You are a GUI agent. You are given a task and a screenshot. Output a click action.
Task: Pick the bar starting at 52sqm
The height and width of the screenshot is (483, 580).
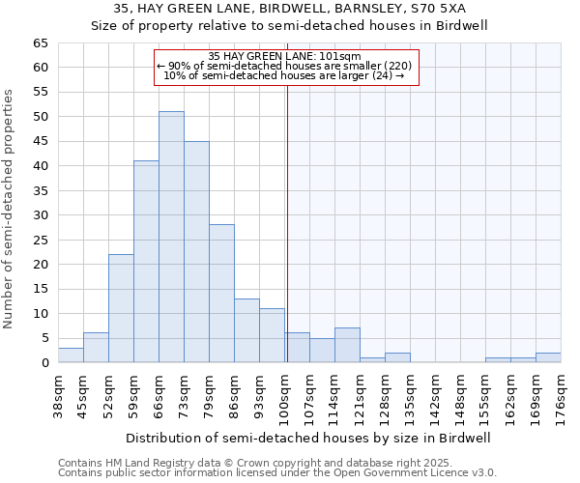point(121,308)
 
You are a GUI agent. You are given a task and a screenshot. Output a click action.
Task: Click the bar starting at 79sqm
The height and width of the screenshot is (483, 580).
point(221,294)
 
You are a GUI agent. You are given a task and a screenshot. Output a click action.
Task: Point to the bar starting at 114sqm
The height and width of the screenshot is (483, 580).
point(347,346)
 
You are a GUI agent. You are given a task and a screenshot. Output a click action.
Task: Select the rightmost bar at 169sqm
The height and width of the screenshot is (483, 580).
point(548,357)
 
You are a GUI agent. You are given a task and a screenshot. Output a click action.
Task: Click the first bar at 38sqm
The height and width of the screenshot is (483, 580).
point(71,355)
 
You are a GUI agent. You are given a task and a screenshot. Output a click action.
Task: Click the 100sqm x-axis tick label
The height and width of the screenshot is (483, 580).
point(284,396)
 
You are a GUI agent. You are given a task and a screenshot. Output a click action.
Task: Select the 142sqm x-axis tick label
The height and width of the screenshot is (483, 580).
point(435,396)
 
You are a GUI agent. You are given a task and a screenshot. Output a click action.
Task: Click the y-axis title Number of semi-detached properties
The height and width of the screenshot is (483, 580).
point(9,208)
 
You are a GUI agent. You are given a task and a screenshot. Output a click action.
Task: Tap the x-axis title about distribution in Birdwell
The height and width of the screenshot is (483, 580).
point(308,438)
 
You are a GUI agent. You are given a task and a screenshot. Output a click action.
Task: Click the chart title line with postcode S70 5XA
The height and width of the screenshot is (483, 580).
point(289,9)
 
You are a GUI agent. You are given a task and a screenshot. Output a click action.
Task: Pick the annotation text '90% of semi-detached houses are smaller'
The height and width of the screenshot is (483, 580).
point(284,66)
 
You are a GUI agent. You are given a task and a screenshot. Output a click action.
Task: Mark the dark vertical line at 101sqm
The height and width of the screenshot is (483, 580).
point(287,222)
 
